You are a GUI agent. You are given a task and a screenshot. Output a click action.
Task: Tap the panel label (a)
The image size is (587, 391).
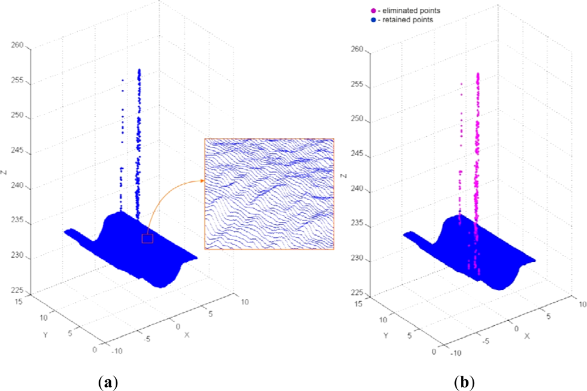coord(107,382)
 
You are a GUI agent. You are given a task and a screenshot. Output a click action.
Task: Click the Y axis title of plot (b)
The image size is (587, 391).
coord(386,336)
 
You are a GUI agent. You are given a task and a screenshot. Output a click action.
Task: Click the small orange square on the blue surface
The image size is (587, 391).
coord(147,238)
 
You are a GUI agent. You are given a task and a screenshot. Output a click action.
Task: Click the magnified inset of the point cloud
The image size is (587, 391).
coord(269,194)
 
